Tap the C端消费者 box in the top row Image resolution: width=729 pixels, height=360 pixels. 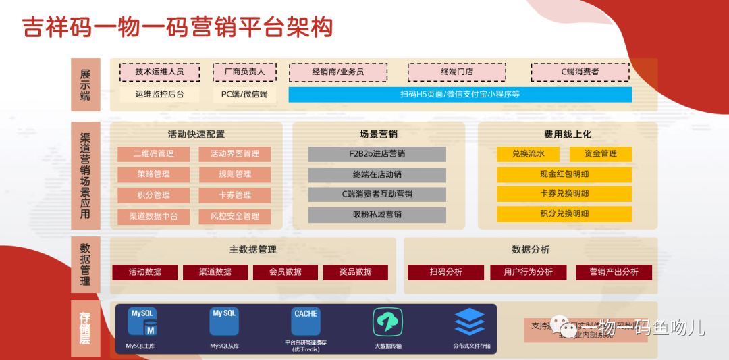[580, 72]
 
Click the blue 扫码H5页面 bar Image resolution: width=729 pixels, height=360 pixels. [460, 95]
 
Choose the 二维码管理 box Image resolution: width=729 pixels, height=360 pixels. [153, 154]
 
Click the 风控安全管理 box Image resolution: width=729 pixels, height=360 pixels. [234, 216]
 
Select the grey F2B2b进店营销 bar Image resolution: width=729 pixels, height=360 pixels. [377, 154]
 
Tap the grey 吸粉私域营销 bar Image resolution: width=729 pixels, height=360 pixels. [377, 215]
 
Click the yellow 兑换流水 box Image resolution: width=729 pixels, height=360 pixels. [528, 154]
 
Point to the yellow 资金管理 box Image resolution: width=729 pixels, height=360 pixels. [600, 154]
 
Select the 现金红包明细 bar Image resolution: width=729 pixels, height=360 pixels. [564, 174]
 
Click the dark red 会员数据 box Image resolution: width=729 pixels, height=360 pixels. [286, 272]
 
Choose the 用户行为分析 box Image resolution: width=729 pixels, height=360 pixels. [528, 272]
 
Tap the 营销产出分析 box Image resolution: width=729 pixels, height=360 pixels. [614, 272]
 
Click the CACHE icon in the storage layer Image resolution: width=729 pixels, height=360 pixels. [306, 322]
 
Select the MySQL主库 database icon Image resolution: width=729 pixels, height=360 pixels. [143, 322]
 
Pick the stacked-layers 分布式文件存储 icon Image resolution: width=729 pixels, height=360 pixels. [470, 322]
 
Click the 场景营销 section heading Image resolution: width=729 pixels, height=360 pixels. [378, 134]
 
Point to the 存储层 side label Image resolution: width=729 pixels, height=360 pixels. [85, 328]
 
